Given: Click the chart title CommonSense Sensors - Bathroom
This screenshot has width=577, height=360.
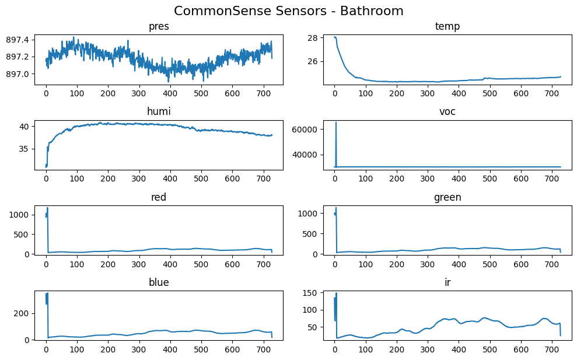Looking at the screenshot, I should point(288,11).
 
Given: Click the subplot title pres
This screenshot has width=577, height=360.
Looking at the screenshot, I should point(159,26).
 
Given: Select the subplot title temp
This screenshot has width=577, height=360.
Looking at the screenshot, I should point(447,26).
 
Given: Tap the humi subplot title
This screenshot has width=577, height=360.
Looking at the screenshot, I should point(159,111).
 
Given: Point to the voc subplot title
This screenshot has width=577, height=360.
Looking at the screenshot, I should point(447,111).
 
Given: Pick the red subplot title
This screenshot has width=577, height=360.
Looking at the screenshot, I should point(159,197).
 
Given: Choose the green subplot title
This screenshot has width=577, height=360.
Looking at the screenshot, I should point(447,197).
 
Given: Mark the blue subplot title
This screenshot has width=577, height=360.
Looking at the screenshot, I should point(159,282).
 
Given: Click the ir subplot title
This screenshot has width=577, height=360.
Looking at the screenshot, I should point(447,282).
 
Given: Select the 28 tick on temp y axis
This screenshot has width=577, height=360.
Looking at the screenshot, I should point(313,38).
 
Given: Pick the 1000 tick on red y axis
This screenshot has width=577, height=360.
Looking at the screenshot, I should point(20,215).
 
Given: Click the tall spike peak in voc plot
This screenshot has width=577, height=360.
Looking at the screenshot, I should point(335,123).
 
